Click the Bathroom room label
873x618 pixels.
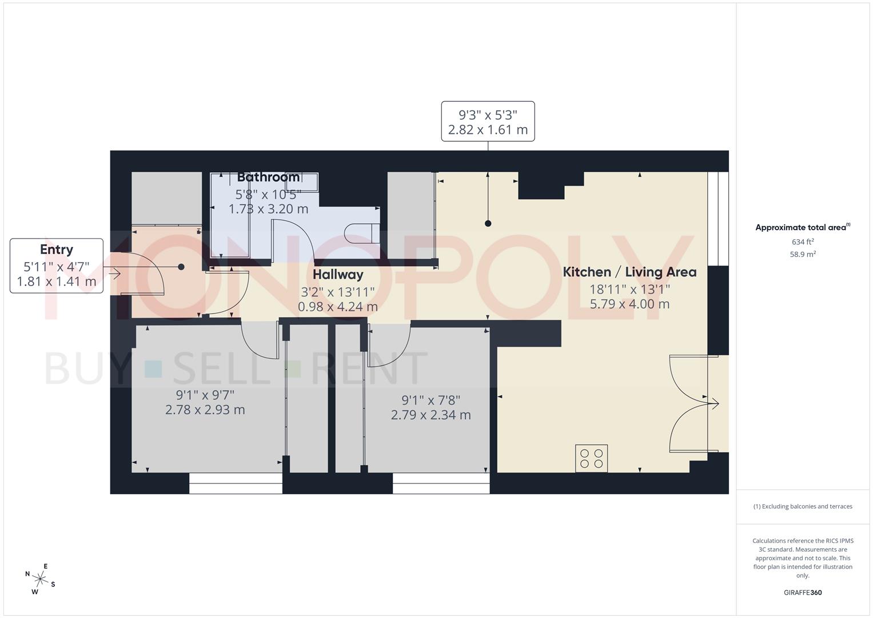(268, 177)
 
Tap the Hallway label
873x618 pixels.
(338, 275)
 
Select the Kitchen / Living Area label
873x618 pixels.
(629, 272)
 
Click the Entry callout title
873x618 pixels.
(57, 249)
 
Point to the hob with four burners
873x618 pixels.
(591, 458)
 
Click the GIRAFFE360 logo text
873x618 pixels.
(803, 592)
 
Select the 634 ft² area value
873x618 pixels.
(803, 241)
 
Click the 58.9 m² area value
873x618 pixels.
(803, 254)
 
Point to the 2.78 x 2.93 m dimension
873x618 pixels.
(205, 410)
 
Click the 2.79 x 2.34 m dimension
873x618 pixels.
(430, 415)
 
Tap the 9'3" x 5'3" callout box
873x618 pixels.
(488, 121)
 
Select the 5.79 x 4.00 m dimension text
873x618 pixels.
(629, 304)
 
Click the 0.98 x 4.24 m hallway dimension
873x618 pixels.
(338, 307)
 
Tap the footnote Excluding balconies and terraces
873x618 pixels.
(803, 506)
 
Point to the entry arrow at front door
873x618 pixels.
(114, 274)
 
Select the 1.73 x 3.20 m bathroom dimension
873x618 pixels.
(268, 209)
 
